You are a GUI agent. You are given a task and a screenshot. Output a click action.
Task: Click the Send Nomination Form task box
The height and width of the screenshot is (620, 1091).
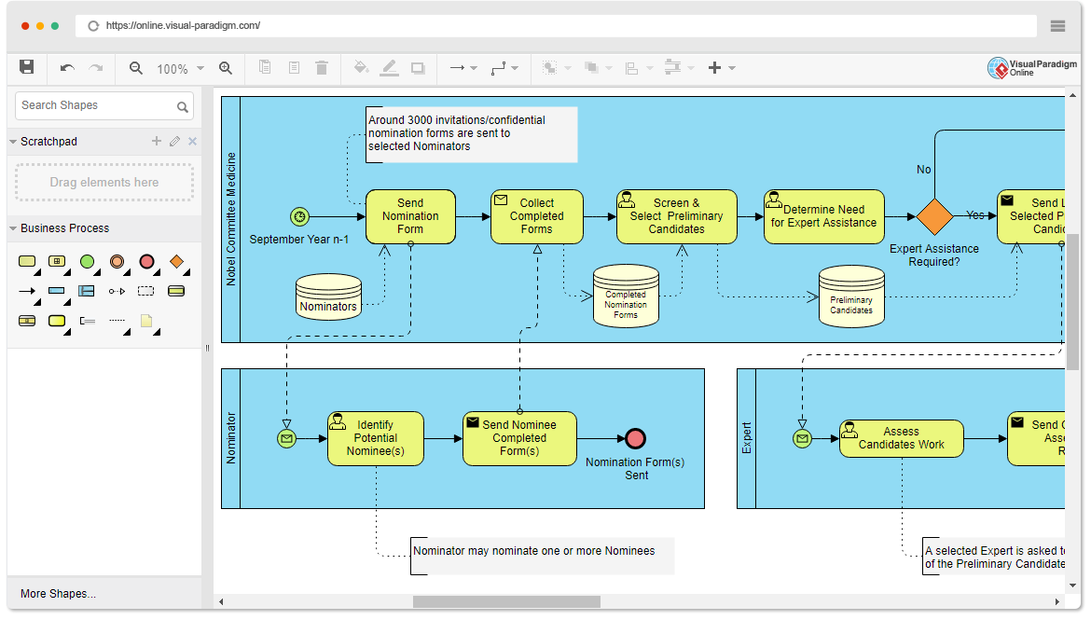coord(410,216)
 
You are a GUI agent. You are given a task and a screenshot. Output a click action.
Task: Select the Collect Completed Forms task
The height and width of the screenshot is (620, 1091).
coord(536,216)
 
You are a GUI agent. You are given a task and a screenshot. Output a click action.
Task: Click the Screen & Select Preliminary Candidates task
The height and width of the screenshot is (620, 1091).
coord(676,216)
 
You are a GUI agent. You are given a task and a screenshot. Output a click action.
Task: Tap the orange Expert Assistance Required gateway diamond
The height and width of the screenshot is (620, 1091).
coord(934,216)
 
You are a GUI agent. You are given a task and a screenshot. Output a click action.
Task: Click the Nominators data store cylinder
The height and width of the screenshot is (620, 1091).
coord(328,297)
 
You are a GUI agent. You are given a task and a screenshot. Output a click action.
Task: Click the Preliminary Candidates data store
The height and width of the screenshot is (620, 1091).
coord(850,297)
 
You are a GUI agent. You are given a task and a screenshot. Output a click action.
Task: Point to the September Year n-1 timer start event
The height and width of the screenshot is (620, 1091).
coord(299,216)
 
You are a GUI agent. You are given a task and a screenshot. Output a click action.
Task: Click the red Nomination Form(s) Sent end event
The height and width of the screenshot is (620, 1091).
coord(636,438)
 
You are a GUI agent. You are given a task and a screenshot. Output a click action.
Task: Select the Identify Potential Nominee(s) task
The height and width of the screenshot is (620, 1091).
coord(375,438)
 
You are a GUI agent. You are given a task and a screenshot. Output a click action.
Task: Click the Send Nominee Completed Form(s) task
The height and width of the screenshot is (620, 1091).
coord(519,438)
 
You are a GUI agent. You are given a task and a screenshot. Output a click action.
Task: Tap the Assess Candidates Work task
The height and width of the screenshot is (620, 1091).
coord(901,438)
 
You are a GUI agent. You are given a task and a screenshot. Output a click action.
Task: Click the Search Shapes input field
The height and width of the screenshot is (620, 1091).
coord(95,105)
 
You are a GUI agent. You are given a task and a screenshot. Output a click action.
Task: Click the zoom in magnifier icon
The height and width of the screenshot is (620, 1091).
coord(225,68)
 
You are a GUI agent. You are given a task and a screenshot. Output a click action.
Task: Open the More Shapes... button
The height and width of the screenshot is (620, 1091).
coord(58,594)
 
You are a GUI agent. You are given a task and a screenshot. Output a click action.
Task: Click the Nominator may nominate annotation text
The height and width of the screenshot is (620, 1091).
coord(534,551)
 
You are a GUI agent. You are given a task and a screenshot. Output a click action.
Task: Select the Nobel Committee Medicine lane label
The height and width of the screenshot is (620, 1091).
coord(231,219)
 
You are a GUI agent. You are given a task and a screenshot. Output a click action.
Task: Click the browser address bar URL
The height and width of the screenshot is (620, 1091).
coord(184,26)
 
